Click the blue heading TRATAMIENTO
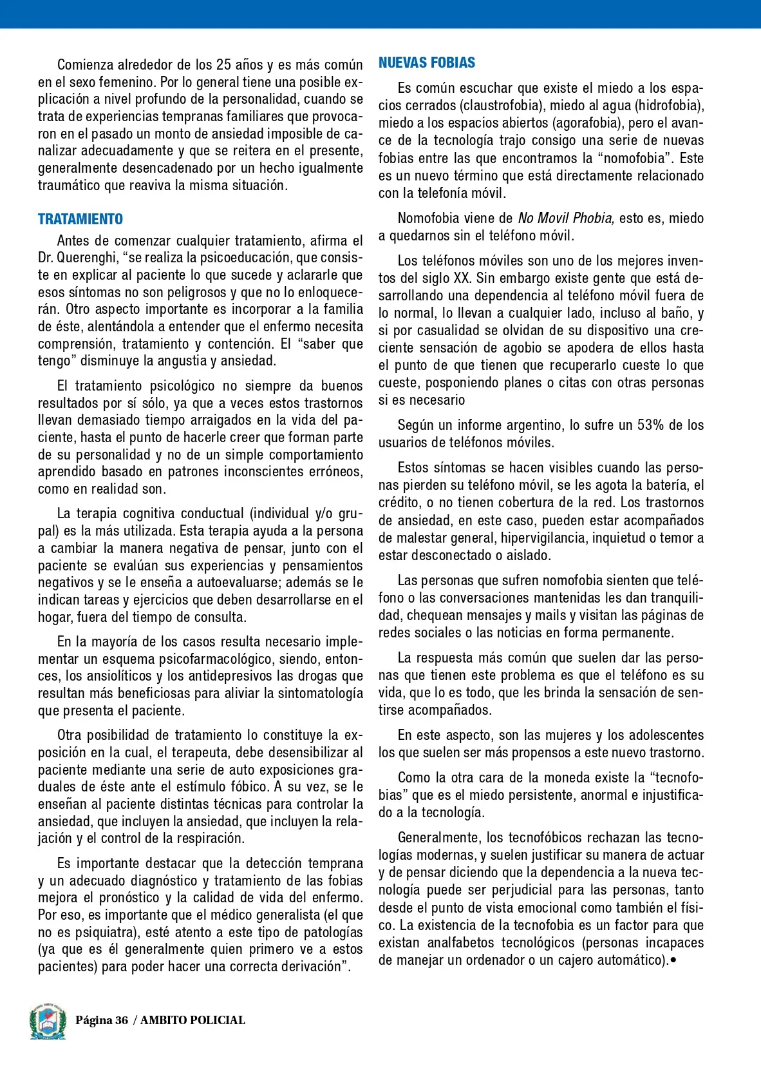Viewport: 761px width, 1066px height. point(80,219)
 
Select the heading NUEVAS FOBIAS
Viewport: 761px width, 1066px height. point(427,63)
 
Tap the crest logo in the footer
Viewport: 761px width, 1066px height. point(47,1021)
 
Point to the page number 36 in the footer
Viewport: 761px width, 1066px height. point(121,1020)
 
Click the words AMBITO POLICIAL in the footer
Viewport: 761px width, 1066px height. point(193,1020)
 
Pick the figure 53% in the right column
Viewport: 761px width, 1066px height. point(652,425)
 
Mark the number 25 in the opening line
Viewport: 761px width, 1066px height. point(223,65)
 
